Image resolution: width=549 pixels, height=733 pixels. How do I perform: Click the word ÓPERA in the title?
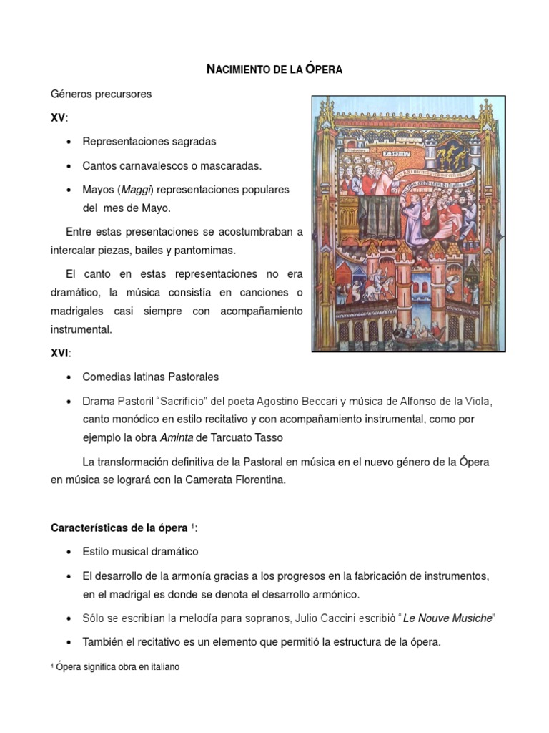(x=324, y=69)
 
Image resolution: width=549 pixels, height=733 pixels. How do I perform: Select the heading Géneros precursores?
(x=101, y=94)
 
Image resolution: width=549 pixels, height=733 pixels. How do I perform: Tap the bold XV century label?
(x=57, y=117)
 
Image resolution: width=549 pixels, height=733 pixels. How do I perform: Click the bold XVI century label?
(x=60, y=353)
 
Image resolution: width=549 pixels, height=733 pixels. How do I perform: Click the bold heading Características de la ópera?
(x=119, y=528)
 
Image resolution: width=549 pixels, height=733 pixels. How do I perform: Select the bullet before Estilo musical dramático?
(x=68, y=552)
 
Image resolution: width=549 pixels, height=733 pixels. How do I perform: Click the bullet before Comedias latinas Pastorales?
(x=68, y=377)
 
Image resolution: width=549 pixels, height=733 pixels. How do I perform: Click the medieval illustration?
(x=409, y=223)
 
